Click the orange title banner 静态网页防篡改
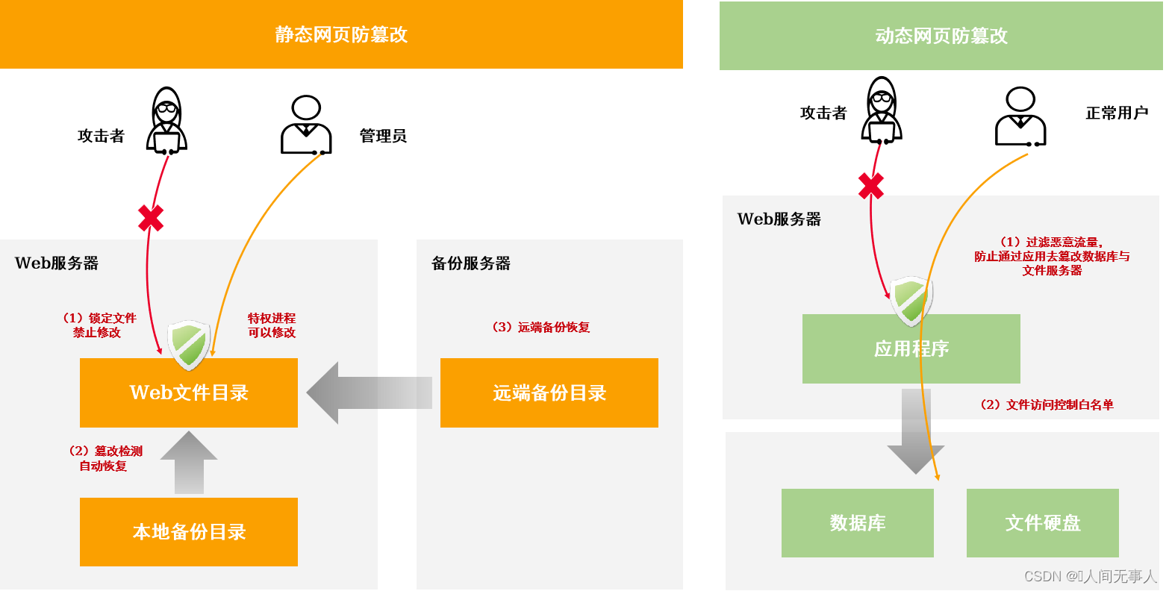tap(341, 34)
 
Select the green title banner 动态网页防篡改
tap(941, 36)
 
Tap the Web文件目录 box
tap(189, 393)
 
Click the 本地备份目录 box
tap(189, 531)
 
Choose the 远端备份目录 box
tap(549, 393)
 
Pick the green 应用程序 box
tap(911, 348)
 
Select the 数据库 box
tap(857, 522)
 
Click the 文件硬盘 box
tap(1042, 522)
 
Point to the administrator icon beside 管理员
tap(306, 125)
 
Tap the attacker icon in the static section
tap(166, 121)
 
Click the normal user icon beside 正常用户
tap(1020, 116)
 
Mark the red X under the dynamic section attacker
tap(871, 186)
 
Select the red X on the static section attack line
tap(151, 218)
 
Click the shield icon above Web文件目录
tap(189, 345)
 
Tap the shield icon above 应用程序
tap(911, 301)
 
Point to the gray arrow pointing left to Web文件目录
tap(369, 393)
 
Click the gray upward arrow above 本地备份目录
tap(189, 462)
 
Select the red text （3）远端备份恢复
tap(540, 327)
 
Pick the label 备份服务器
tap(471, 263)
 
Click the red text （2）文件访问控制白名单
tap(1046, 404)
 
